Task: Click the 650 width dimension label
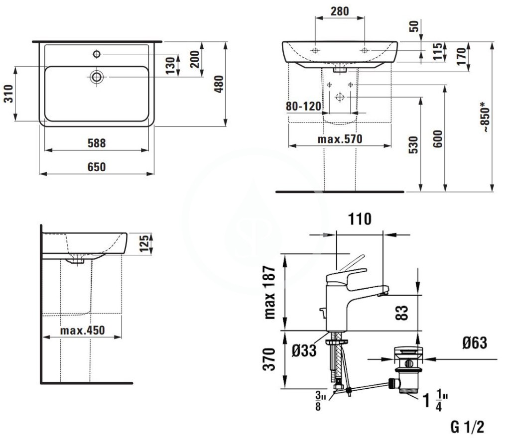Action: (97, 167)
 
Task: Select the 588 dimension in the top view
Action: (97, 143)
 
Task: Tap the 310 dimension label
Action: (8, 94)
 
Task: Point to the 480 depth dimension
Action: (219, 84)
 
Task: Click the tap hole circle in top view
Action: (97, 54)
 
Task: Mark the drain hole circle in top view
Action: (97, 77)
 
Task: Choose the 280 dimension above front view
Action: (340, 11)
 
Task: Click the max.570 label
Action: (340, 139)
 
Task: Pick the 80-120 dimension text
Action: (303, 106)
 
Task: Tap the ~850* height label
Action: (485, 116)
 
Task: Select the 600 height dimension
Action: (438, 139)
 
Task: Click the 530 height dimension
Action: (413, 145)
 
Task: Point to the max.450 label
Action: (83, 331)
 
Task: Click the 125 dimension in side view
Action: (144, 243)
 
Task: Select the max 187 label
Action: (270, 292)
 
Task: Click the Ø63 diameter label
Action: (475, 343)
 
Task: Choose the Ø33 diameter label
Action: (304, 350)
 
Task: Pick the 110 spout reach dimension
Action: (360, 219)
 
